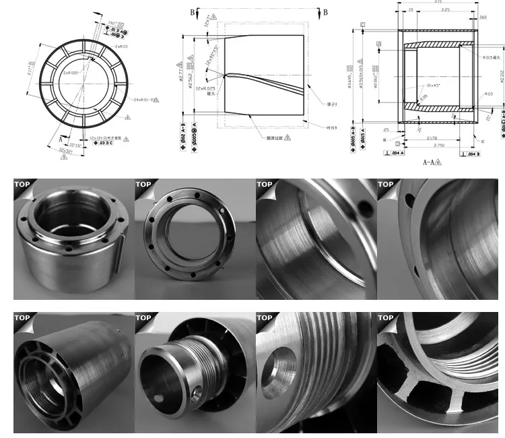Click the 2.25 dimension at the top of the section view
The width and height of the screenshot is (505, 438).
pyautogui.click(x=444, y=10)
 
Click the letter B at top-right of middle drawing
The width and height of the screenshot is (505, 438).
pyautogui.click(x=325, y=12)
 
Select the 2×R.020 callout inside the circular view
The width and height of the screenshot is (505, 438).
pyautogui.click(x=71, y=72)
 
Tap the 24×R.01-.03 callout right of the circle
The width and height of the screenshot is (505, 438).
pyautogui.click(x=144, y=99)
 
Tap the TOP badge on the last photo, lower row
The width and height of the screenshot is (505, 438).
pyautogui.click(x=386, y=317)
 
